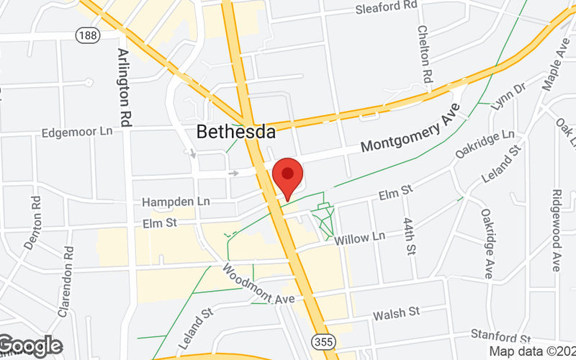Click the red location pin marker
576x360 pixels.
click(x=288, y=176)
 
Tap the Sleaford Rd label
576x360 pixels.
click(x=387, y=8)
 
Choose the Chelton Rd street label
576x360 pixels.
click(x=426, y=55)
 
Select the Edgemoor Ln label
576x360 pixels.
click(x=77, y=132)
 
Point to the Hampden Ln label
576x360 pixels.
click(x=175, y=202)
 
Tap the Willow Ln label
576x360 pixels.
click(x=360, y=238)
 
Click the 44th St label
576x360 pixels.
click(x=410, y=235)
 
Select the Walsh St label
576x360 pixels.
click(x=396, y=313)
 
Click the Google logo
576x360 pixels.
click(x=30, y=346)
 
